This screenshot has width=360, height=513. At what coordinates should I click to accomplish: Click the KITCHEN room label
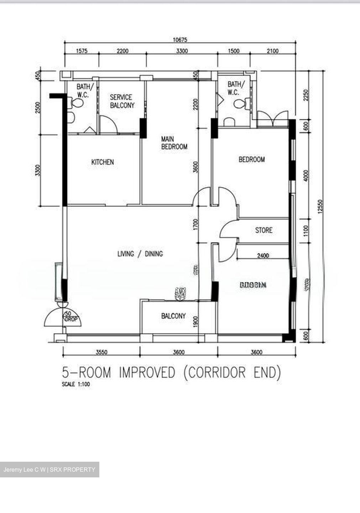click(x=103, y=162)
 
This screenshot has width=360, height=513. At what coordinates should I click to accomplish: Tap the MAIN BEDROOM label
click(x=174, y=142)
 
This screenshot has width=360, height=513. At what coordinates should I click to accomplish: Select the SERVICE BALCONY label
click(x=122, y=101)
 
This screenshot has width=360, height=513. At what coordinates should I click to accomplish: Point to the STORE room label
click(x=264, y=230)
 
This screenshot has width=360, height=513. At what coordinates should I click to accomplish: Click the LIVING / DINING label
click(x=140, y=254)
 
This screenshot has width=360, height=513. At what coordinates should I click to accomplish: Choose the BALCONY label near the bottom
click(x=173, y=316)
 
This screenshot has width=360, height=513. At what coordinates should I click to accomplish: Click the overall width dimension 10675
click(x=180, y=40)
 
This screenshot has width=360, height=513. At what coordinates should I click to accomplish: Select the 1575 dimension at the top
click(x=82, y=51)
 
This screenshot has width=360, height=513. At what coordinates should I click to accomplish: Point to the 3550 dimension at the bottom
click(x=101, y=352)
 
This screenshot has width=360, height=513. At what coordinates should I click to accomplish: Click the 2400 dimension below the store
click(x=263, y=255)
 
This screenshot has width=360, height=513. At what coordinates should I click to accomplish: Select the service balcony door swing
click(x=108, y=125)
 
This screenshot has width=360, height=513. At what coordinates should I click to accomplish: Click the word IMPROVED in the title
click(x=147, y=373)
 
